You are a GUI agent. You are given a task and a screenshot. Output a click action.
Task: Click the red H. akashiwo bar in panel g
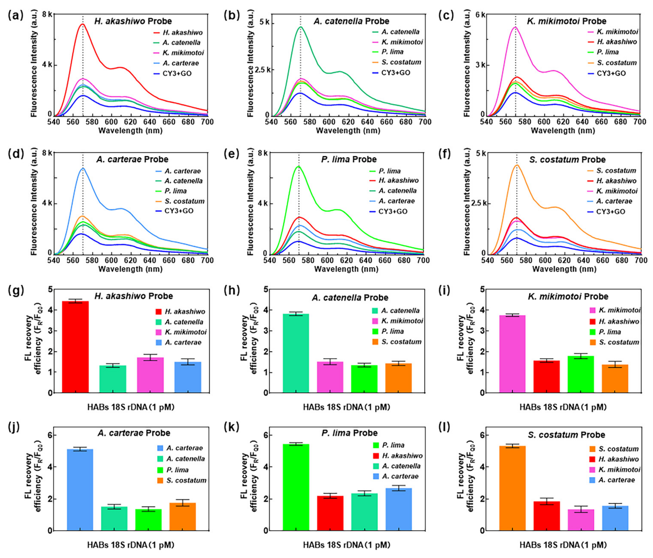coord(75,347)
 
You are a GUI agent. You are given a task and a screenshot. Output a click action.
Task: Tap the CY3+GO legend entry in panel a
coord(177,74)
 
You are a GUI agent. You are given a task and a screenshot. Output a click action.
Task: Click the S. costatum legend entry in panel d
coord(184,201)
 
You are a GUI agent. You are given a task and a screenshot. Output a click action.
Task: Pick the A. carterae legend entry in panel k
coord(400,476)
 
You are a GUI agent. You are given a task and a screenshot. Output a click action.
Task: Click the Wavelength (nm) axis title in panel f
coord(564,269)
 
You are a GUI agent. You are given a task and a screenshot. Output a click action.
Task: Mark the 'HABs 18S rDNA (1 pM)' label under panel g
coord(131,407)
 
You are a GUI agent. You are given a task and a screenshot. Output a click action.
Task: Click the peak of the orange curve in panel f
coord(517,165)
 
